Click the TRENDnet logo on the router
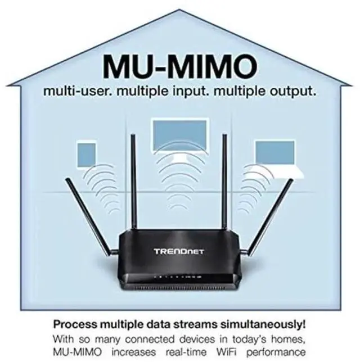pos(179,251)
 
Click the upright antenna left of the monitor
pos(133,185)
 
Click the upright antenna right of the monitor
pos(224,185)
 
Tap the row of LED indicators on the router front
pos(179,277)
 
